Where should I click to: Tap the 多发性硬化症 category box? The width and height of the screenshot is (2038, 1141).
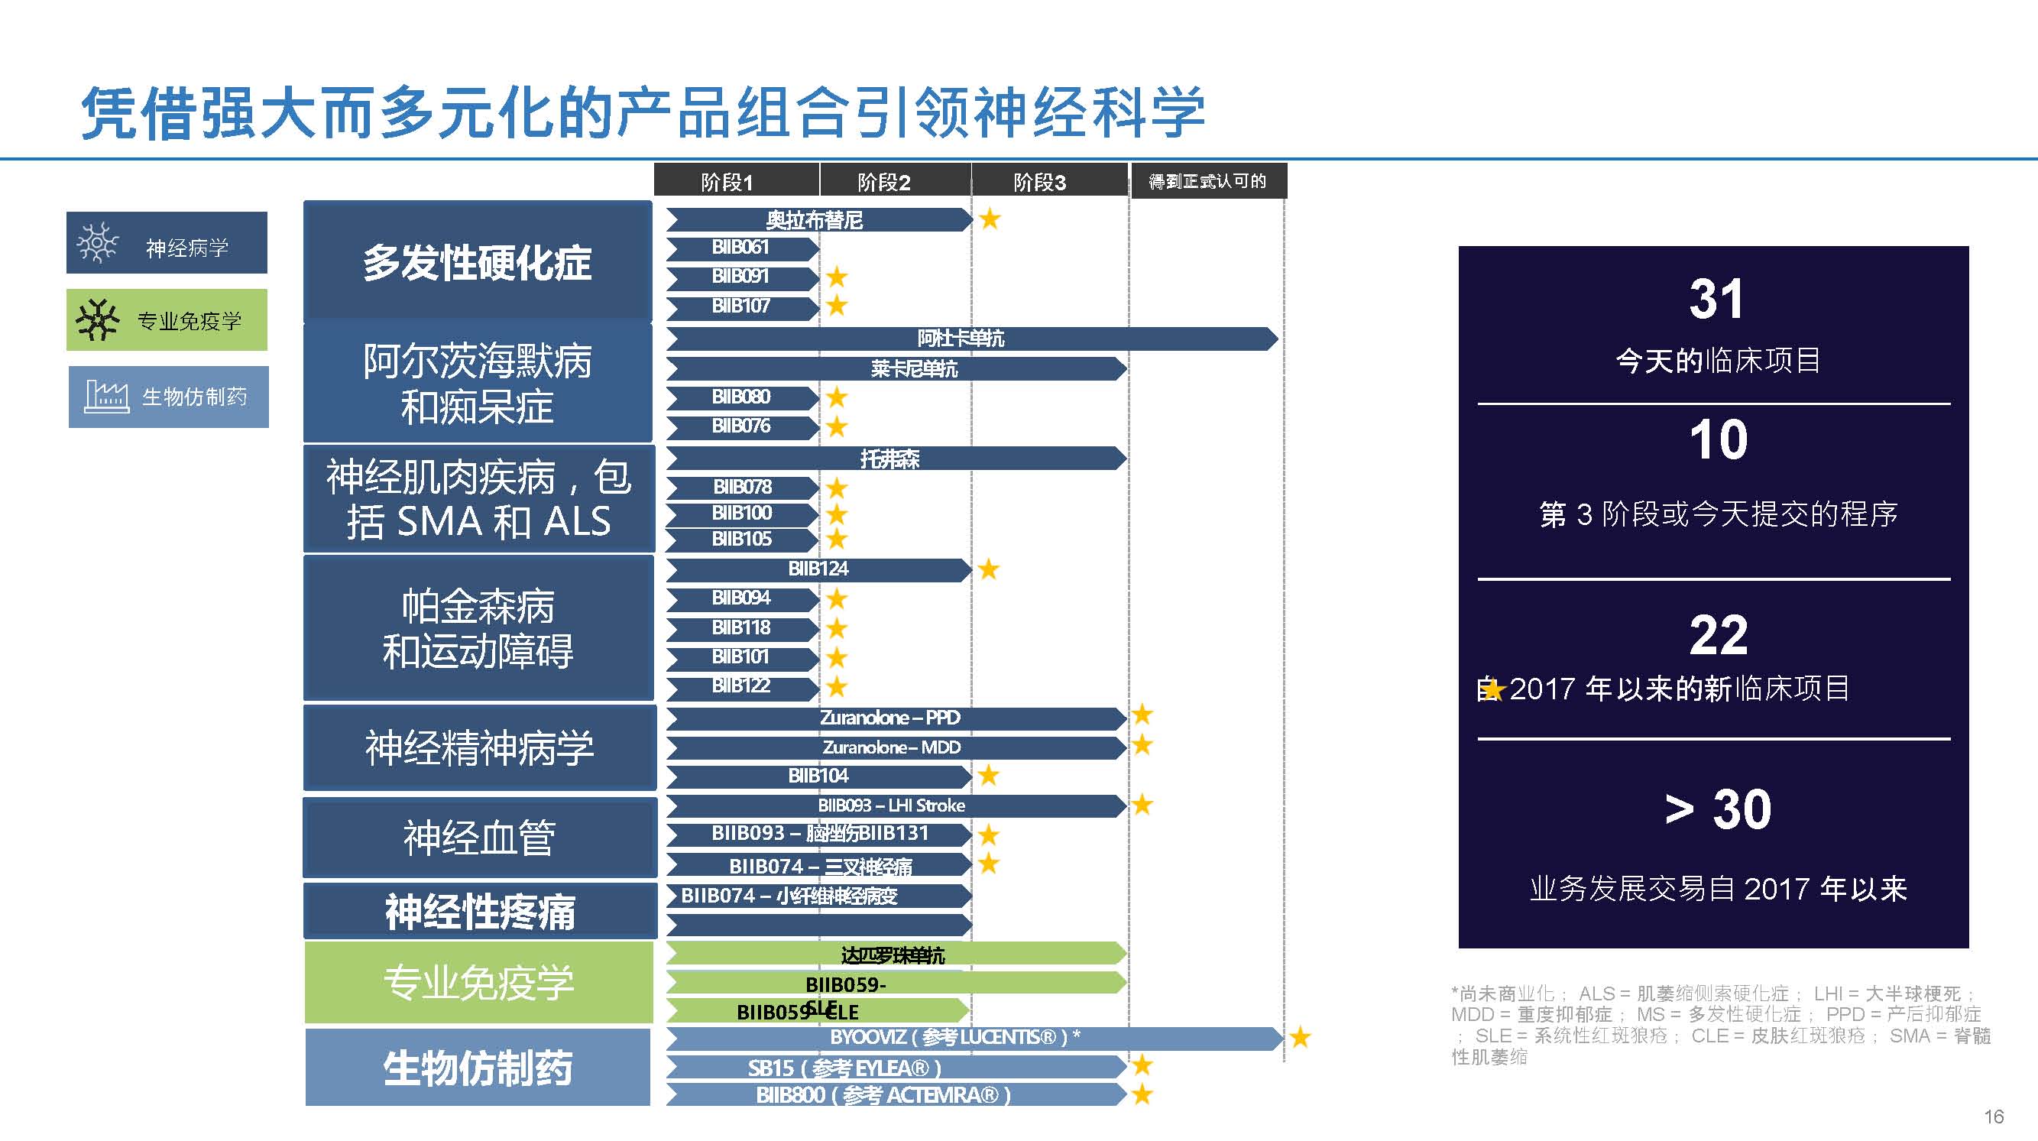(477, 262)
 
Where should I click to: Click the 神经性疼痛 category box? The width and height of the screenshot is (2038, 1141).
(479, 911)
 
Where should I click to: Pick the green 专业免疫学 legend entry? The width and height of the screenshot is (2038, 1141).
(167, 320)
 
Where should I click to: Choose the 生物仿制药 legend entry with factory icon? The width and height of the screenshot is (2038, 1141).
(169, 397)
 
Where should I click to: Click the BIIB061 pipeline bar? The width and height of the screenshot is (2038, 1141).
(741, 248)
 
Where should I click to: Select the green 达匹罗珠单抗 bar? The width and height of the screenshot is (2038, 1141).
(894, 955)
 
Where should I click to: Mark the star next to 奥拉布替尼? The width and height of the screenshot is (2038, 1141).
(990, 219)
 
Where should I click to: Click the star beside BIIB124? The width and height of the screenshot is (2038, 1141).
(989, 569)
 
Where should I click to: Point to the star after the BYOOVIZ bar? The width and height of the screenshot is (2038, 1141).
(1301, 1036)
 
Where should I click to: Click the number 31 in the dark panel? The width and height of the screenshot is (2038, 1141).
(1716, 299)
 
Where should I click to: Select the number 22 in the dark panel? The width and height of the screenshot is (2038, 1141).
(1718, 635)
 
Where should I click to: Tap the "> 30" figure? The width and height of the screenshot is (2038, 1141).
(1718, 809)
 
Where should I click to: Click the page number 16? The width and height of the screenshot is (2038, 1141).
(1994, 1117)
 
